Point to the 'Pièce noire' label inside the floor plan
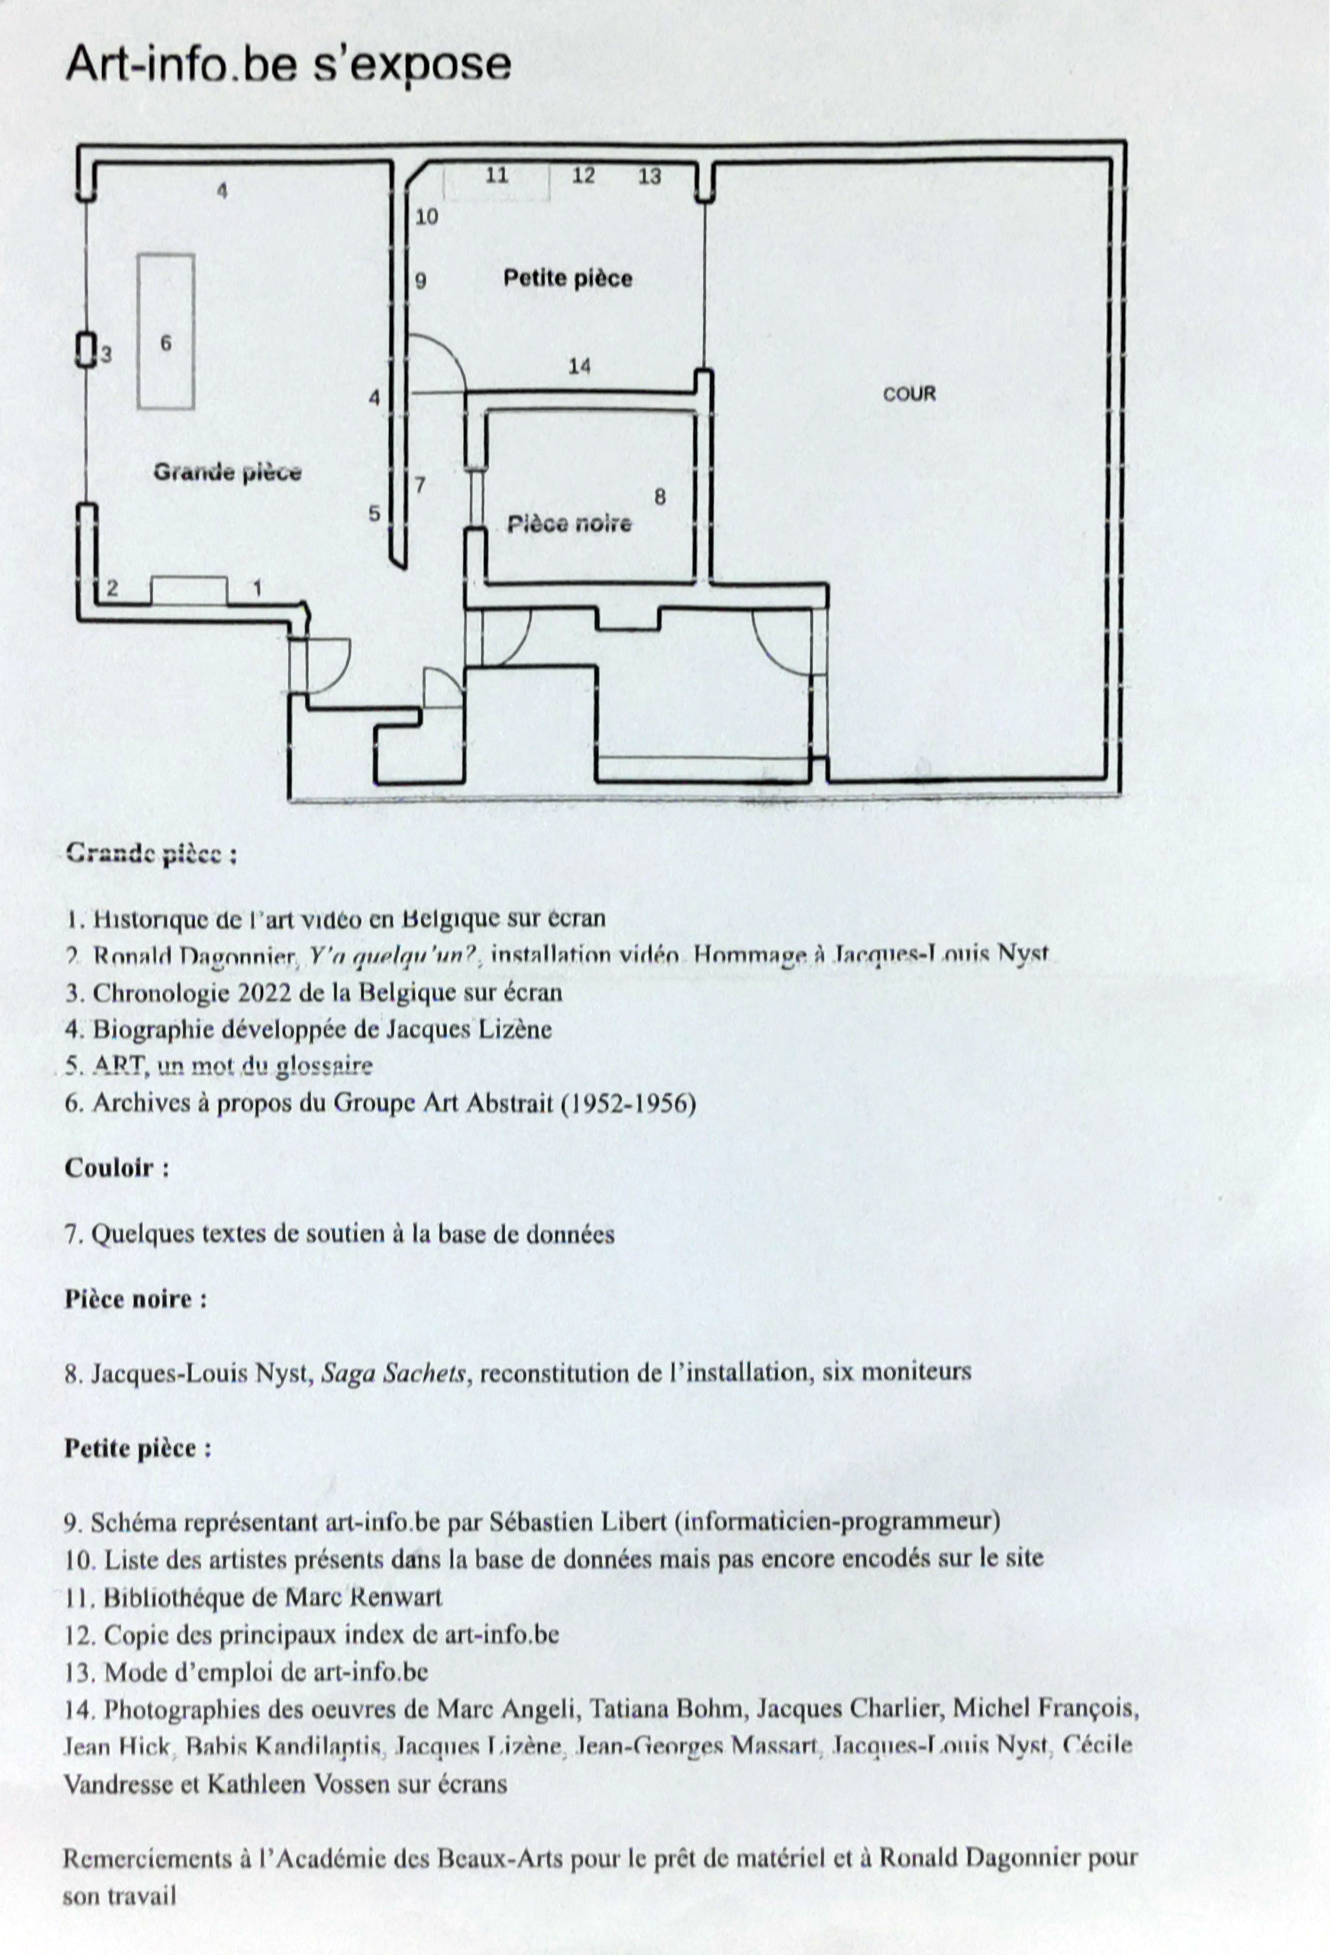click(x=569, y=524)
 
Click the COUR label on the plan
click(x=909, y=394)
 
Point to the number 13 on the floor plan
click(x=649, y=177)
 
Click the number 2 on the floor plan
click(x=113, y=588)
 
